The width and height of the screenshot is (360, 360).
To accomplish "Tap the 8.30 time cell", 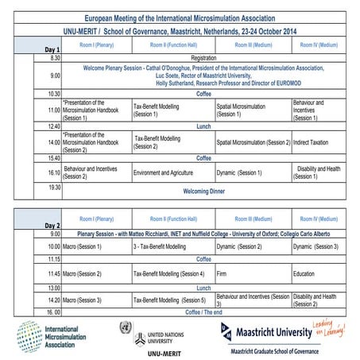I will point(54,58).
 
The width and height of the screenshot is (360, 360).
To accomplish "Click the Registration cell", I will point(203,58).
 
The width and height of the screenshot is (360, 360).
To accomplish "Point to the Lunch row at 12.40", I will point(203,126).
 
